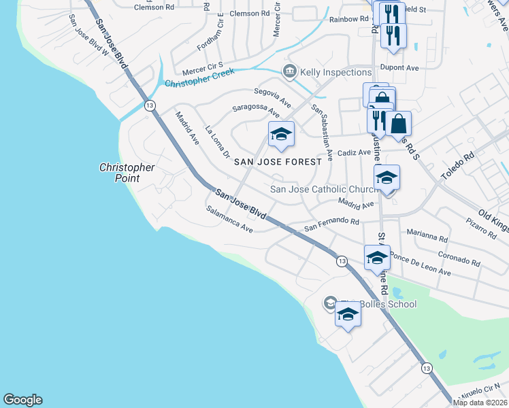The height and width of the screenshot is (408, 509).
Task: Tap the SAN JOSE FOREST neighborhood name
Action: [x=277, y=163]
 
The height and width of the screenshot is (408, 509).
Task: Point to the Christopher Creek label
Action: [x=199, y=78]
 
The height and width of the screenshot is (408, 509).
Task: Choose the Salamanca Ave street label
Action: [x=229, y=220]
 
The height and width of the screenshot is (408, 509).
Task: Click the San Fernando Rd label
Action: [x=331, y=222]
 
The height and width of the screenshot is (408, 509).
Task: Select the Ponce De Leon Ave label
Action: [x=421, y=267]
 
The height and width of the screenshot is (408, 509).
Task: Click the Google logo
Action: [x=22, y=400]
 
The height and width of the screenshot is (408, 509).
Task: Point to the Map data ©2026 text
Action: [x=480, y=403]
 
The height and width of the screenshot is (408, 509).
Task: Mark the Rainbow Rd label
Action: [x=348, y=19]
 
